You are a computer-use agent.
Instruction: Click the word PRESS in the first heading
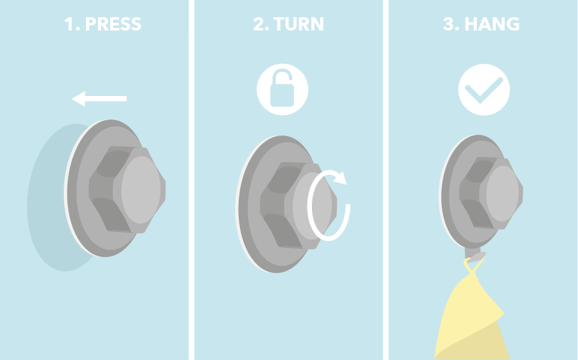113,24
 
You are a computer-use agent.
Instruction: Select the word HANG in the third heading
491,24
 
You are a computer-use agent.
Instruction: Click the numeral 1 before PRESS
69,24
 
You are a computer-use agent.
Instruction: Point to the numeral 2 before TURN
258,24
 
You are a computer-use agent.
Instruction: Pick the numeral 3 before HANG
448,24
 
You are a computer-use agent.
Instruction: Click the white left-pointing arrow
99,99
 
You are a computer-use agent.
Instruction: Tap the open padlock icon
283,90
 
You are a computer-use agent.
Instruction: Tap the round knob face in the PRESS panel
141,190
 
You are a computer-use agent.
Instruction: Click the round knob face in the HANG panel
502,193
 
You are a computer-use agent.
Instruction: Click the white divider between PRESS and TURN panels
192,180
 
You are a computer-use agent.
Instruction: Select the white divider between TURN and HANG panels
386,180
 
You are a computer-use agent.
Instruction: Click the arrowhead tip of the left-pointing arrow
71,99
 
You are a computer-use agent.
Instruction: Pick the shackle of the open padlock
283,76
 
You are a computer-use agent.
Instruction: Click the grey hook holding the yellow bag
474,255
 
